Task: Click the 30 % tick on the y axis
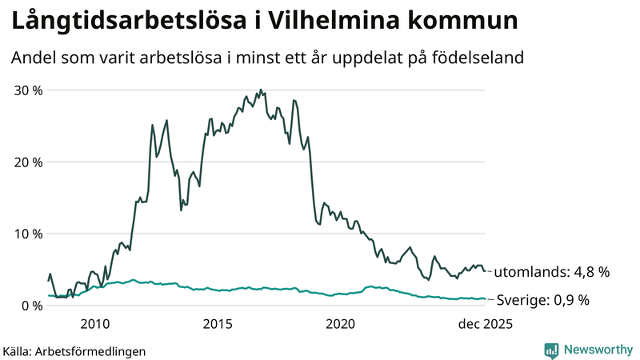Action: point(29,90)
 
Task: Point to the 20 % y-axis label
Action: point(29,162)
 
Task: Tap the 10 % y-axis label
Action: point(29,234)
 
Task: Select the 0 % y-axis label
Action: point(32,306)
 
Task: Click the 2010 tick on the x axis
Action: point(94,324)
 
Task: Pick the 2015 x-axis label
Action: point(218,324)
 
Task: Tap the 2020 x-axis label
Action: point(341,324)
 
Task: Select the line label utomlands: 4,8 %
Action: point(551,272)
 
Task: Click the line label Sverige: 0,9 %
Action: point(542,301)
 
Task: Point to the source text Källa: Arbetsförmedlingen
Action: point(74,351)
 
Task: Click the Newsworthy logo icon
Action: point(551,350)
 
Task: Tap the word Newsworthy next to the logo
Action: point(597,350)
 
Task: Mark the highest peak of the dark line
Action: point(261,90)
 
